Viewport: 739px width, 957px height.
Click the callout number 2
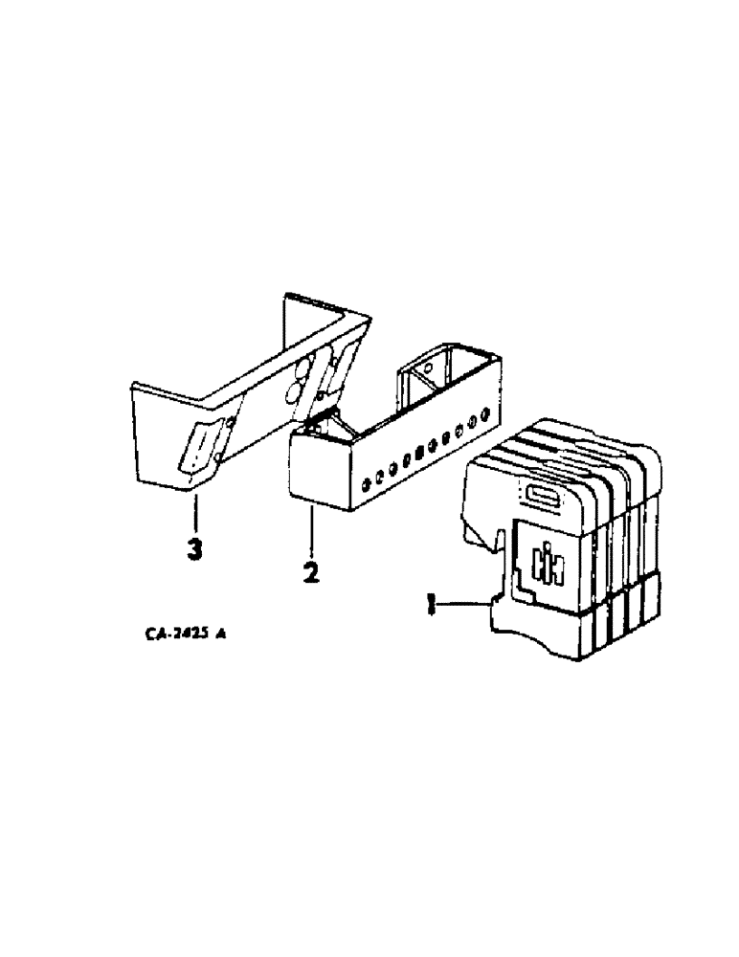[310, 573]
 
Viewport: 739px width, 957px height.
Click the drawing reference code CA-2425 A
[188, 633]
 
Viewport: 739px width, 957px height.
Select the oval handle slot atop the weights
[543, 495]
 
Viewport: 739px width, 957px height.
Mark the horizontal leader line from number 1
[464, 602]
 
